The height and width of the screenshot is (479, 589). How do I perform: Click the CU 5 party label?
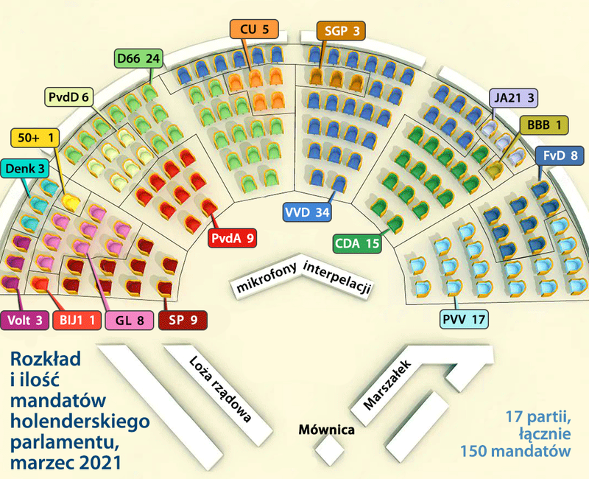255,29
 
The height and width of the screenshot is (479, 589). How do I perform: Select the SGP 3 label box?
340,31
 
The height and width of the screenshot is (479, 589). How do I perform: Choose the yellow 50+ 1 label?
35,137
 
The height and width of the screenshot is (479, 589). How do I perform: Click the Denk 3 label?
25,169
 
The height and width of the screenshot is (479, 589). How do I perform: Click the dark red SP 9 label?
183,321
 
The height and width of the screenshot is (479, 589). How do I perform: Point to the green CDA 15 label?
356,242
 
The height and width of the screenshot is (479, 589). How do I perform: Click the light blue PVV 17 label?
465,319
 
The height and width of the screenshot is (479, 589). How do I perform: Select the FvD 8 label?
562,155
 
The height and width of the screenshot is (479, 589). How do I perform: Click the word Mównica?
328,429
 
